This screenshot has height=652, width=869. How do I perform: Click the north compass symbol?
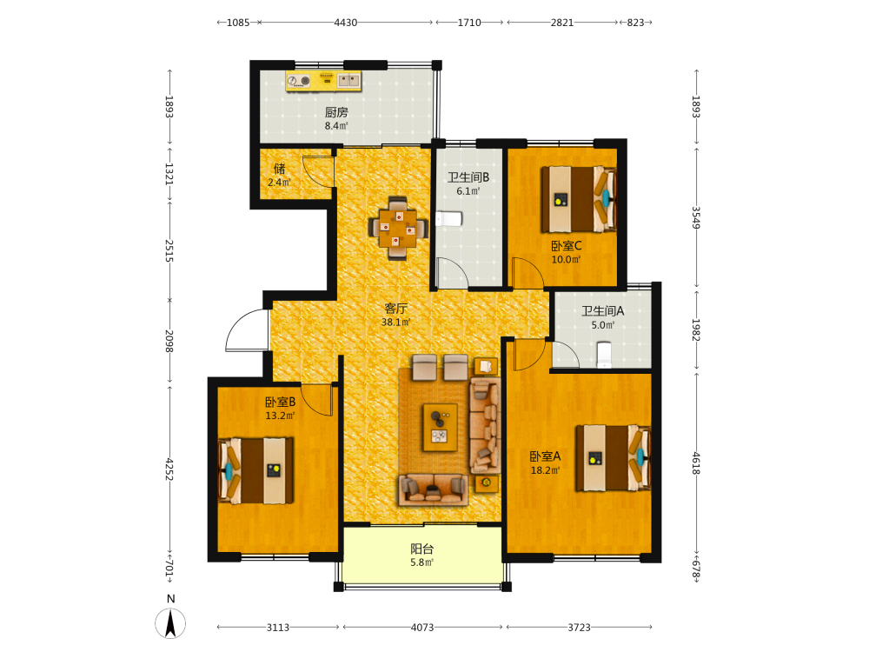[170, 622]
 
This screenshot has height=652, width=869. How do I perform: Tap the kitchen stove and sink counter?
[323, 81]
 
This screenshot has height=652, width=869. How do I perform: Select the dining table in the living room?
[398, 228]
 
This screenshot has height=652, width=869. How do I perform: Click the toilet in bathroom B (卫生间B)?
[449, 219]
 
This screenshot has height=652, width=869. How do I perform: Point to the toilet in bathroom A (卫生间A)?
[604, 355]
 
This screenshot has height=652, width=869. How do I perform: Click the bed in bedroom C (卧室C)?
[579, 199]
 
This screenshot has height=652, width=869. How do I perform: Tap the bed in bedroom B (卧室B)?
[255, 470]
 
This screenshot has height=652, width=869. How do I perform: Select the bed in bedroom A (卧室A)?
[613, 458]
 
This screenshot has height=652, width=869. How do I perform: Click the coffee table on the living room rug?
[440, 428]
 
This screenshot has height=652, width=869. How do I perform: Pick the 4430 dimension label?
[345, 23]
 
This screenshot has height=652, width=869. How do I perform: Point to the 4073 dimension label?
[421, 627]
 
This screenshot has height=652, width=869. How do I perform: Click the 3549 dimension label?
[696, 218]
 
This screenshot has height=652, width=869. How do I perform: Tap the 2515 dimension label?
[169, 251]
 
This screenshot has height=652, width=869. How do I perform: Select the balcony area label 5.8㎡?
[421, 562]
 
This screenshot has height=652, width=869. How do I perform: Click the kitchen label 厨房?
[336, 112]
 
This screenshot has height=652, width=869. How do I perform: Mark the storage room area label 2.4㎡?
[279, 182]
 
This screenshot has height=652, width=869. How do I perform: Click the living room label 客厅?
[395, 309]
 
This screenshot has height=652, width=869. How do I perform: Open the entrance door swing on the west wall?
[246, 329]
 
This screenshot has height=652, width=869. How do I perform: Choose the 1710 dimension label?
[469, 23]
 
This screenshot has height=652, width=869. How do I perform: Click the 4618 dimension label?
[696, 463]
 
